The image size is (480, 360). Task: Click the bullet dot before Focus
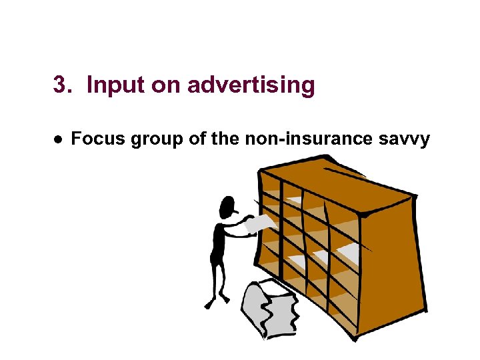59,139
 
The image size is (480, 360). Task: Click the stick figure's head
228,206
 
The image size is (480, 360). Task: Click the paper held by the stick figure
258,223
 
